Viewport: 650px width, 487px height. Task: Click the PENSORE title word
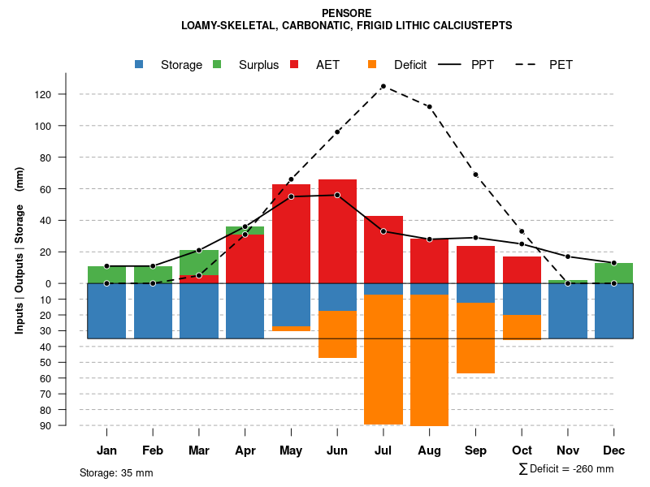347,13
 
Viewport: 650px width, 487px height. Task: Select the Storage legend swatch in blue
140,64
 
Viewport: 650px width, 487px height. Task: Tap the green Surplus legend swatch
217,64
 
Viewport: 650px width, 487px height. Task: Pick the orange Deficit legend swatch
372,64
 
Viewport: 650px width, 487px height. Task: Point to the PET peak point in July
383,86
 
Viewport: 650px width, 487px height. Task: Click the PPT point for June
337,195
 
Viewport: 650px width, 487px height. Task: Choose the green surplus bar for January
106,274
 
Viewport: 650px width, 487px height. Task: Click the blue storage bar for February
153,311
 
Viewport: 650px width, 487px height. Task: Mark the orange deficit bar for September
475,338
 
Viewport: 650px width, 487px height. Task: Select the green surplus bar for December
613,273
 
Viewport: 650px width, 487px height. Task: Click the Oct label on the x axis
522,450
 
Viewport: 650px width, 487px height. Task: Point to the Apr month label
245,450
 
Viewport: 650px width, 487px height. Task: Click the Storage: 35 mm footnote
116,472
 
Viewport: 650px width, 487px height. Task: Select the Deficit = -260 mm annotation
566,469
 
